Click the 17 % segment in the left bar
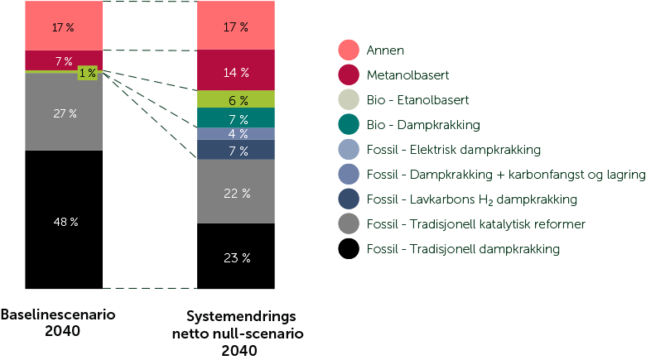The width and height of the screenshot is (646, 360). coord(64,26)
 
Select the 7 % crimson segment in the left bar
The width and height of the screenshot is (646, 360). coord(64,60)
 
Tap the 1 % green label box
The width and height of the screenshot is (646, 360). coord(87,74)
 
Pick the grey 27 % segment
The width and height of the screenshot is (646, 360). coord(64,113)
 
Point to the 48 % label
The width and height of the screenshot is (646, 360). coord(65,222)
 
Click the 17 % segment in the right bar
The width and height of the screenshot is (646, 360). coord(236,26)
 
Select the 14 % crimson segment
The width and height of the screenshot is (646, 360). coord(236,72)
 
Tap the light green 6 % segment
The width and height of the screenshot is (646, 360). coord(236,99)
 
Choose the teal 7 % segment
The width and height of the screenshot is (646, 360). coord(236,119)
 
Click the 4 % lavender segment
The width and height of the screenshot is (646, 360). coord(236,134)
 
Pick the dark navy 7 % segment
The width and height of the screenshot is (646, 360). coord(236,150)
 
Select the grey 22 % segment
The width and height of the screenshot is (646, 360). coord(236,192)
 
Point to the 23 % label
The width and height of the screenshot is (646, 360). coord(236,257)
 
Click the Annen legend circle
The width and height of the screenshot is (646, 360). coord(348,50)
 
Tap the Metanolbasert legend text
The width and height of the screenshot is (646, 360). coord(407,75)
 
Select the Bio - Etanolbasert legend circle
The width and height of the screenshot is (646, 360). coord(348,100)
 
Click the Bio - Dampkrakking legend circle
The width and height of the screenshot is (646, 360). coord(348,125)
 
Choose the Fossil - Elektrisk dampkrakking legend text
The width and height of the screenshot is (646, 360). coord(454,150)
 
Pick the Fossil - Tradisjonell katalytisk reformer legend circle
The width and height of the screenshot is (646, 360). coord(348,224)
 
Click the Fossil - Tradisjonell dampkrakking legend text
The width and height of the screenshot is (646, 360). coord(463,249)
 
